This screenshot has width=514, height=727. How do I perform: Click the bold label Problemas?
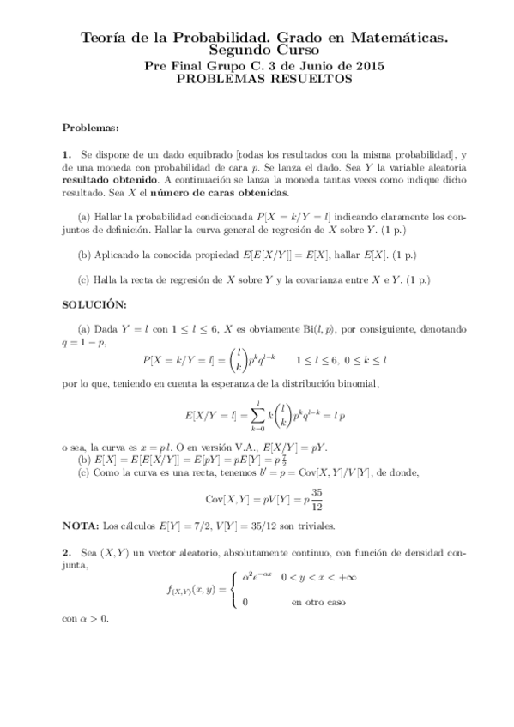[x=90, y=128]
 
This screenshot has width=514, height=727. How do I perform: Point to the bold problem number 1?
[x=66, y=153]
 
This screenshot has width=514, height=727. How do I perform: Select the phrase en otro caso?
[x=317, y=603]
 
